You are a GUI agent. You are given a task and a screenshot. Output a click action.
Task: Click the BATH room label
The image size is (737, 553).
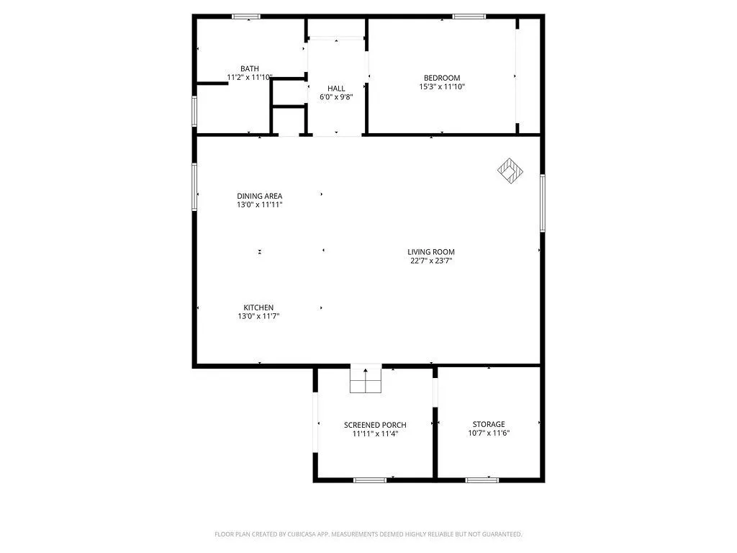(x=250, y=68)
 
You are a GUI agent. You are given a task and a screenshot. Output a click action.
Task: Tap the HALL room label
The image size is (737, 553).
(x=336, y=88)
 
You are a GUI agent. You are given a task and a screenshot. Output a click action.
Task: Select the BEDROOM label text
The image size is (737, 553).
(x=441, y=78)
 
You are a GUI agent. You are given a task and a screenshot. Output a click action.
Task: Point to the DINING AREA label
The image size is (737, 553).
(x=259, y=196)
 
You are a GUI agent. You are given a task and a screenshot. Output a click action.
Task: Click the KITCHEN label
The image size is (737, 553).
(x=258, y=307)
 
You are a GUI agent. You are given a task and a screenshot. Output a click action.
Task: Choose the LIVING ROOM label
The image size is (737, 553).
(x=431, y=252)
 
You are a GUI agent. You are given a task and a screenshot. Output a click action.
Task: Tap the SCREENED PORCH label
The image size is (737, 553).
(x=375, y=425)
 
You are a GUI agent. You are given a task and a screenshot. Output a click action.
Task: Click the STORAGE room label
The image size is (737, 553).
(x=489, y=424)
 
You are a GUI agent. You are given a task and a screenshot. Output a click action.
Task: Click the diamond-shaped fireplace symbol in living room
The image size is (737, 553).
(x=510, y=171)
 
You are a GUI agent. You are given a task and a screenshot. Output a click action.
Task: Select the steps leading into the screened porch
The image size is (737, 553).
(x=366, y=379)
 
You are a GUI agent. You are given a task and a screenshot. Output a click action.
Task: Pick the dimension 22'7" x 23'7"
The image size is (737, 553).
(x=431, y=261)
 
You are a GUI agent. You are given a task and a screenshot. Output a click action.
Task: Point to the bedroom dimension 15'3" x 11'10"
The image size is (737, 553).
(x=441, y=86)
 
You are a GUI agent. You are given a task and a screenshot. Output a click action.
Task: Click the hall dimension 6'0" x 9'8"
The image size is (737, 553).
(x=336, y=96)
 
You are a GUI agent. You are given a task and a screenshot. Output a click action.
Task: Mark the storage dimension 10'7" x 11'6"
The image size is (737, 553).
(x=489, y=433)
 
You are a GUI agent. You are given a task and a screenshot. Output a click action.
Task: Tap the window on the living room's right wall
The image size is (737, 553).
(x=542, y=202)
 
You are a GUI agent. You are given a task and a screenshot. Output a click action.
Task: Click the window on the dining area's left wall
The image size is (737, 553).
(x=194, y=186)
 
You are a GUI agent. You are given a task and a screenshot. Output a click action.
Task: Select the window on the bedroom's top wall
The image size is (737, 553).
(x=469, y=17)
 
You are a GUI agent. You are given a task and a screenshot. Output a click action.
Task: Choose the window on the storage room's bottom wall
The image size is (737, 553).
(x=481, y=480)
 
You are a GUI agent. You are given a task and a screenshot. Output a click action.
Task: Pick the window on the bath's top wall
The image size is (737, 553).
(x=246, y=17)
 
